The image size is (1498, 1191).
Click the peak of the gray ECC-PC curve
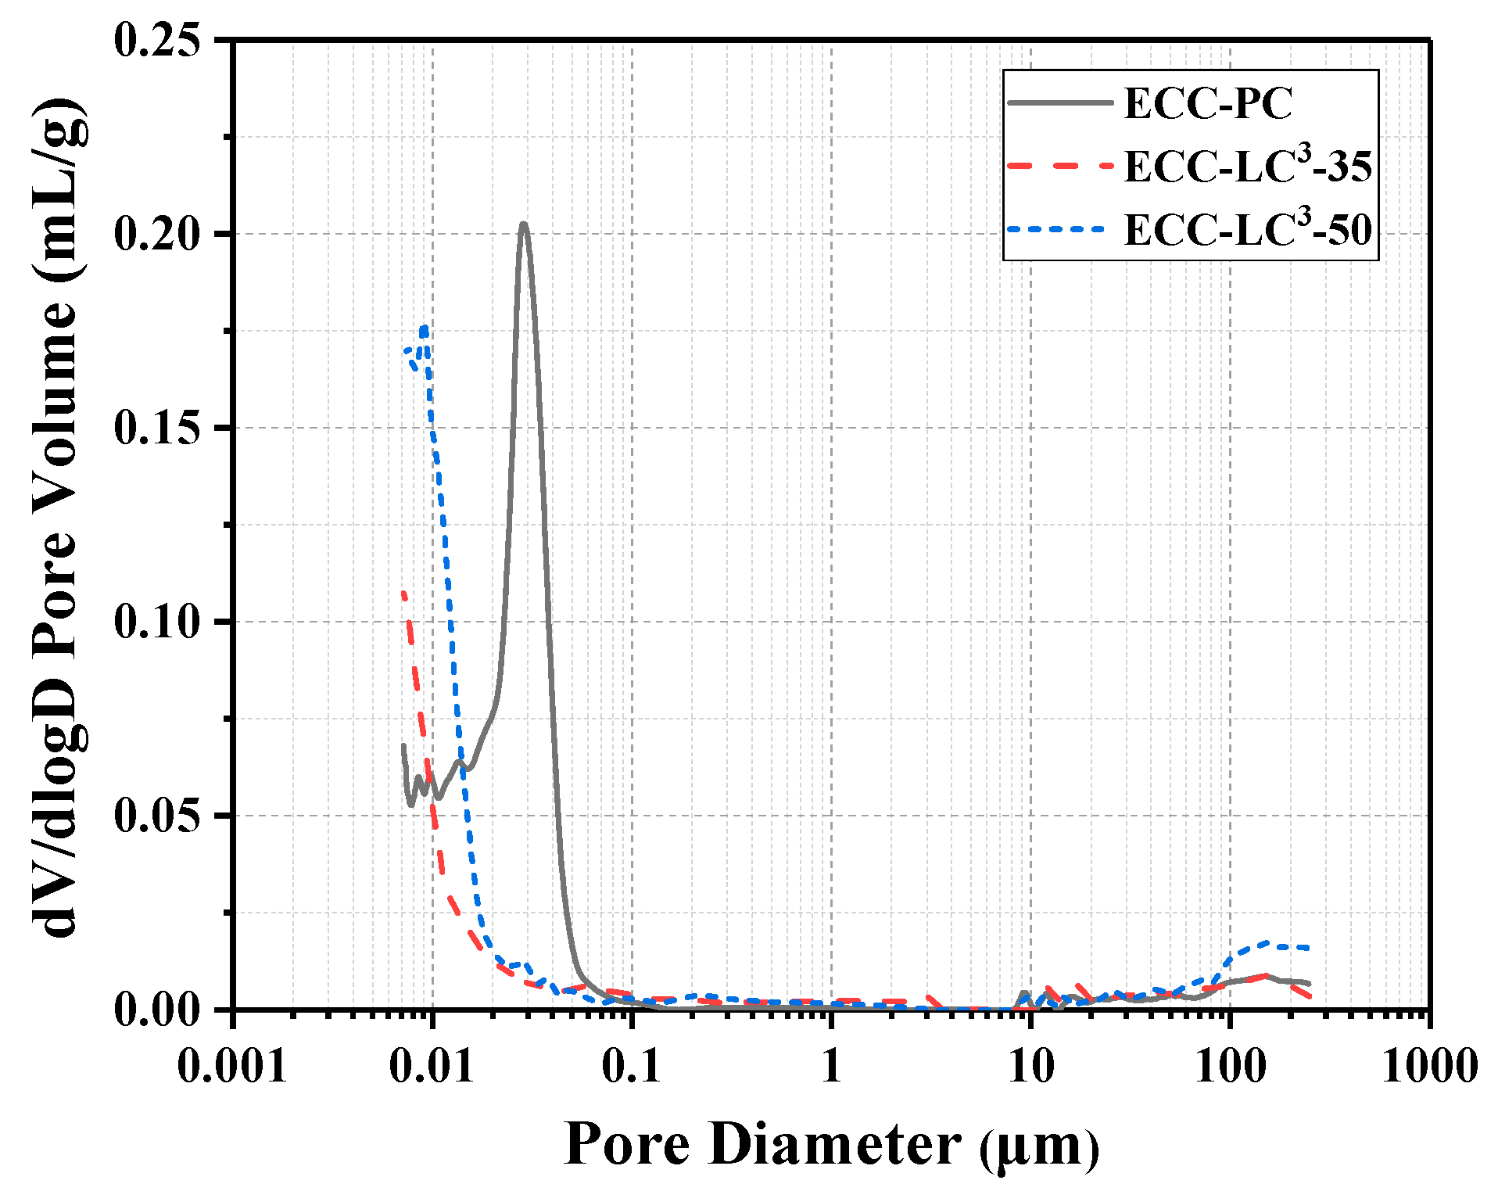coord(523,224)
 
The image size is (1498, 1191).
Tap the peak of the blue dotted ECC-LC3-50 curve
coord(425,327)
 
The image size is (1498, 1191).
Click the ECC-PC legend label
coord(1207,102)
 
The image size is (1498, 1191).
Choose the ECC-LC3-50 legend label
coord(1247,229)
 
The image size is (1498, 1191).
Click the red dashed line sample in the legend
coord(1059,166)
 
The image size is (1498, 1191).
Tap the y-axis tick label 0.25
coord(157,39)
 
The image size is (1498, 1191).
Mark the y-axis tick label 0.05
coord(157,815)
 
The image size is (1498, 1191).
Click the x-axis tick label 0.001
coord(232,1065)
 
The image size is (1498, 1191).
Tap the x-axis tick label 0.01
coord(432,1065)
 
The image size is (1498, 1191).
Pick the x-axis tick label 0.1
coord(631,1065)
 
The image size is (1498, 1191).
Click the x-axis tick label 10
coord(1030,1065)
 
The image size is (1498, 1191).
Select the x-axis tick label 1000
coord(1429,1065)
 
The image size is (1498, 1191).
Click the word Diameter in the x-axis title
coord(834,1144)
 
